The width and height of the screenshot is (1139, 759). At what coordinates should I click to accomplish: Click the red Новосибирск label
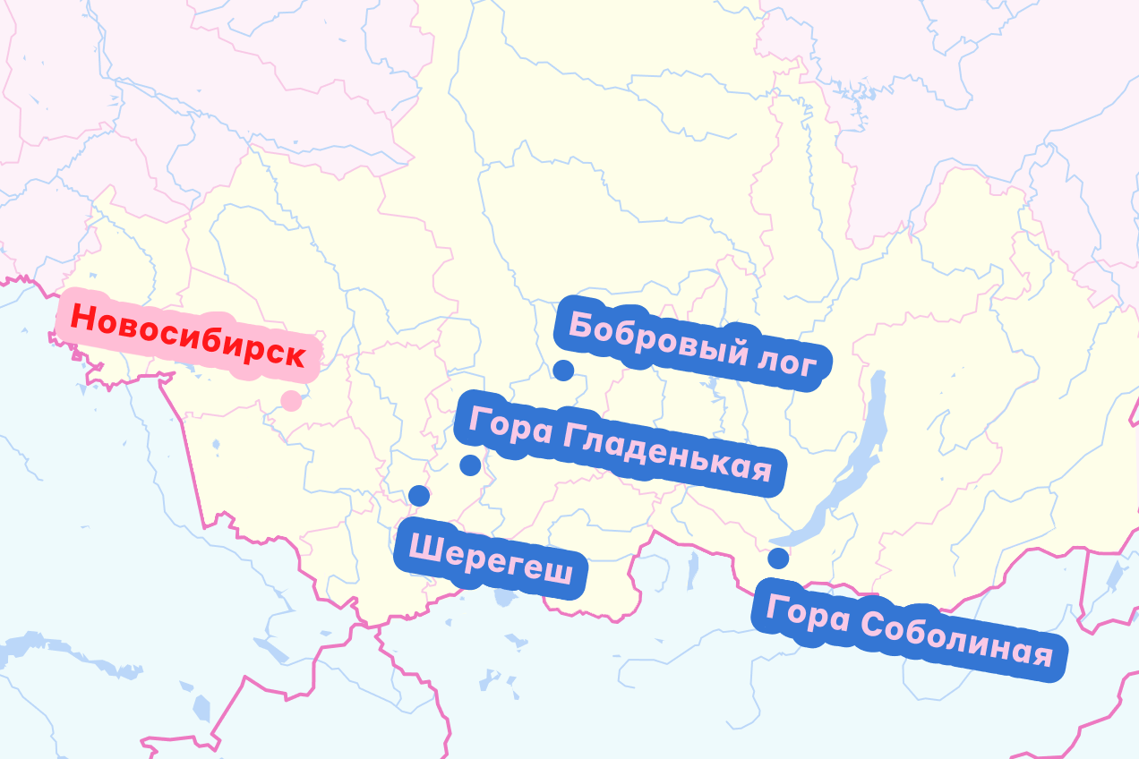(187, 336)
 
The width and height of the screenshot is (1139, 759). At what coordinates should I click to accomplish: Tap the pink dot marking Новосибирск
(291, 400)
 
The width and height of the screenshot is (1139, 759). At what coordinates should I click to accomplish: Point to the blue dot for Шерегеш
(418, 495)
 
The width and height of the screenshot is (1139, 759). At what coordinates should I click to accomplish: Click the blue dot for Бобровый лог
(563, 370)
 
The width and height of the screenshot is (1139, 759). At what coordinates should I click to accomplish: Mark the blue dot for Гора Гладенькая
(470, 465)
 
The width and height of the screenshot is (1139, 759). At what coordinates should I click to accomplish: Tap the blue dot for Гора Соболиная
(778, 559)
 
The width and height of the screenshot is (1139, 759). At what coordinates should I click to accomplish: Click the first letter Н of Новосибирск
(81, 316)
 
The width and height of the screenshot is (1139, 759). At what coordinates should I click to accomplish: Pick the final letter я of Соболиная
(1041, 655)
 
